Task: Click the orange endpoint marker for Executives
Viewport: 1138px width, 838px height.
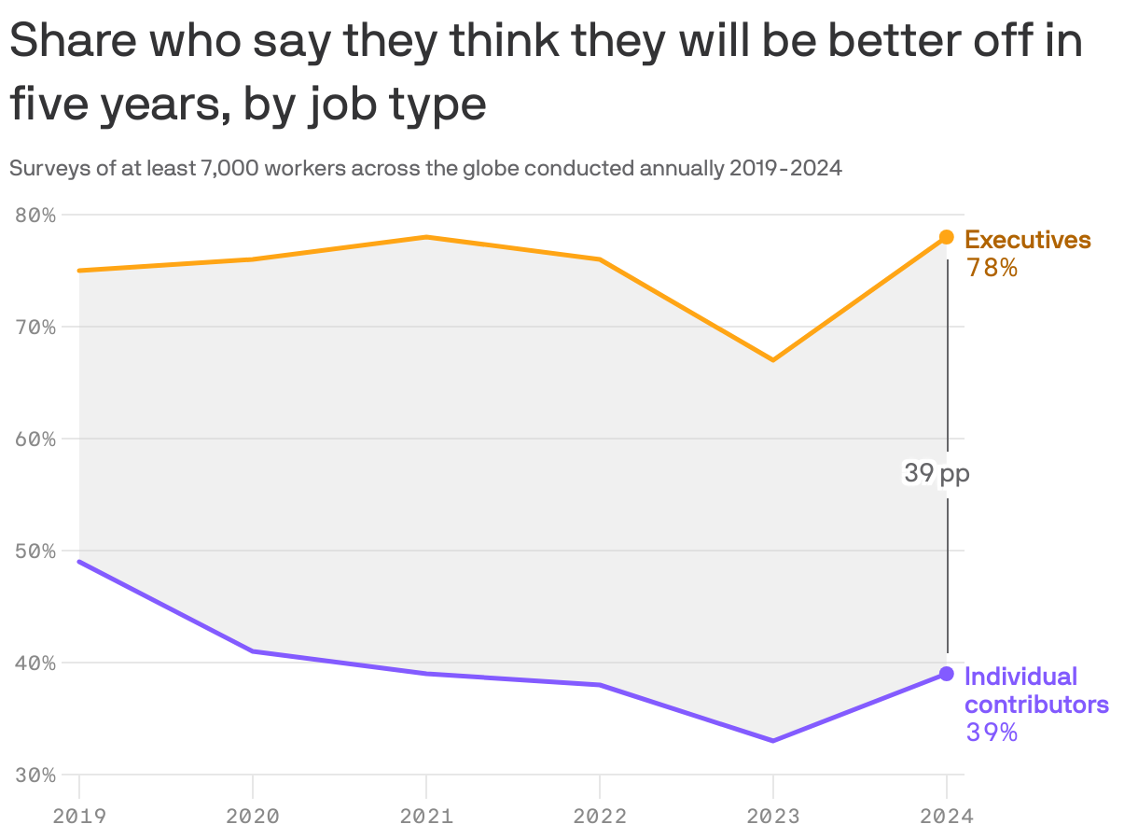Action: tap(946, 237)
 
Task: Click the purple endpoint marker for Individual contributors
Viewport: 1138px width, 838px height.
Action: tap(946, 674)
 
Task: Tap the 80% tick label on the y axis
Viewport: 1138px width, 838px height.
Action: tap(35, 216)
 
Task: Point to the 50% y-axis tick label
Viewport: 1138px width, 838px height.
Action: tap(35, 552)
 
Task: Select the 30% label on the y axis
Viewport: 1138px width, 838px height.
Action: tap(35, 775)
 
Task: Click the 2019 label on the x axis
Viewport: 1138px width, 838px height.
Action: tap(79, 817)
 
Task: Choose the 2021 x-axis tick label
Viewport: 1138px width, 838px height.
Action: tap(426, 817)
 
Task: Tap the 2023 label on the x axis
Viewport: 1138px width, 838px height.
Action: tap(773, 817)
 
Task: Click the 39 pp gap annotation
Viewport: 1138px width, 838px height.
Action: tap(937, 474)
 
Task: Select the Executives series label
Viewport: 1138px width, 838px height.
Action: tap(1027, 240)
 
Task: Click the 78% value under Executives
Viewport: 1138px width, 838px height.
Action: tap(992, 268)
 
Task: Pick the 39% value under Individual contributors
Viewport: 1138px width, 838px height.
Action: tap(992, 733)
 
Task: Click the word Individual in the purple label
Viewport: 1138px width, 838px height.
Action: tap(1020, 677)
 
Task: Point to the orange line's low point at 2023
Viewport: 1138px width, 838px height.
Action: tap(773, 360)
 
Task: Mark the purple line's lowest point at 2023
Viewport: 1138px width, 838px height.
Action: tap(773, 741)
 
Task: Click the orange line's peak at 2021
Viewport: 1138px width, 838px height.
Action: tap(426, 237)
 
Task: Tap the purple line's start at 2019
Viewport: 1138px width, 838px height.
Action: tap(79, 562)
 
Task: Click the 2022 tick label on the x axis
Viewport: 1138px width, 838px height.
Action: tap(600, 817)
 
